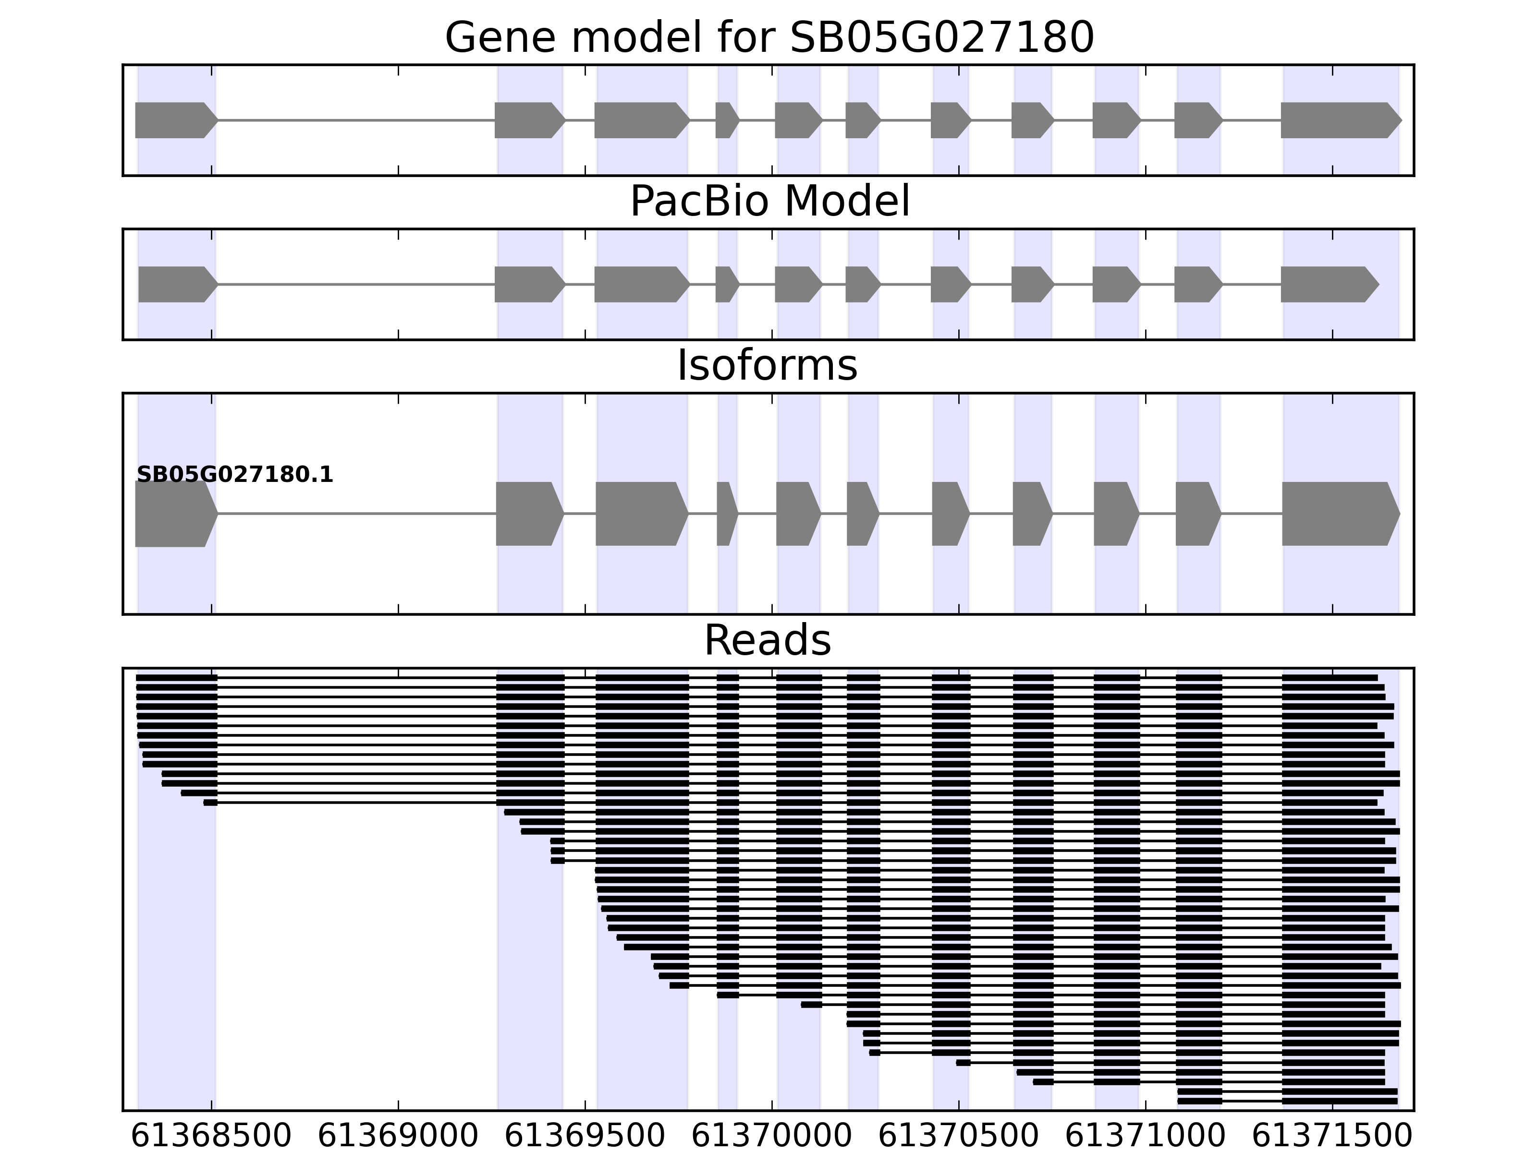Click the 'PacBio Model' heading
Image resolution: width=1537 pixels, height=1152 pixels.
[768, 202]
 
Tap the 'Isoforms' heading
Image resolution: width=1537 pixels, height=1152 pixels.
[767, 365]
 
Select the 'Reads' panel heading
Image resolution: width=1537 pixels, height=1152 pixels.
[767, 640]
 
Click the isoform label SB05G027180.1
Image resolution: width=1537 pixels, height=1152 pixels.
[235, 475]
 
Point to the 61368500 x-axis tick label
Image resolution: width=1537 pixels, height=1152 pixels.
[211, 1136]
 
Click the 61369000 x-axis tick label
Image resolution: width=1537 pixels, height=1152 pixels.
[398, 1136]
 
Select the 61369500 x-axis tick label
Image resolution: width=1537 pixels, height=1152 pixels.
[585, 1136]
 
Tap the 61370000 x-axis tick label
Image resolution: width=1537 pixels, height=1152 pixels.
[771, 1136]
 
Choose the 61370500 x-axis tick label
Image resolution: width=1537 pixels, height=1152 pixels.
[958, 1136]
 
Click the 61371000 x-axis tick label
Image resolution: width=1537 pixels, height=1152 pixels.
[1145, 1136]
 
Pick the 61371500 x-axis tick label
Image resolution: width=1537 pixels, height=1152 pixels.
[1332, 1136]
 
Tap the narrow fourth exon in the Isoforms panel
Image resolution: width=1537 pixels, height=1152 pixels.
[725, 514]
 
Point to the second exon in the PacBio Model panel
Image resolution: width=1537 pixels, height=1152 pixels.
[528, 284]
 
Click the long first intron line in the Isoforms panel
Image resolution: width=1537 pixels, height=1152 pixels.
[356, 514]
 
